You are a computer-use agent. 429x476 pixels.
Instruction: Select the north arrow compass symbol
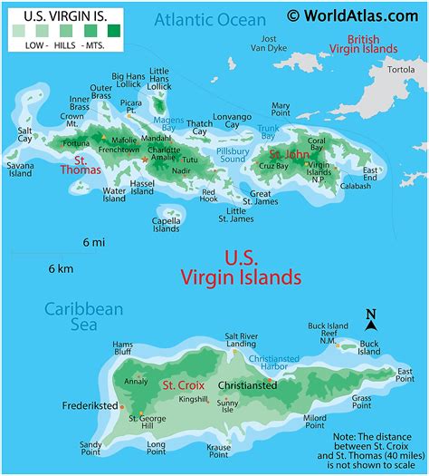(370, 318)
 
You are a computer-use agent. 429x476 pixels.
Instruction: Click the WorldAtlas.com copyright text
(356, 15)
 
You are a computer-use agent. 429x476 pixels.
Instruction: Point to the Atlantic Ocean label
(209, 19)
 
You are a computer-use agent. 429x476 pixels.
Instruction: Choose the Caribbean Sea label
(84, 318)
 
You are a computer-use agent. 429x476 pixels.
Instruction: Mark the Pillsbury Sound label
(232, 154)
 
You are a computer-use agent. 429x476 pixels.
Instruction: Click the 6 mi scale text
(94, 242)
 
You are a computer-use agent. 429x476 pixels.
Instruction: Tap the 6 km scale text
(61, 268)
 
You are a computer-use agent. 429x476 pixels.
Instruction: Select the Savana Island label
(21, 172)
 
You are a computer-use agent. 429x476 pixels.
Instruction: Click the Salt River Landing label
(241, 339)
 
